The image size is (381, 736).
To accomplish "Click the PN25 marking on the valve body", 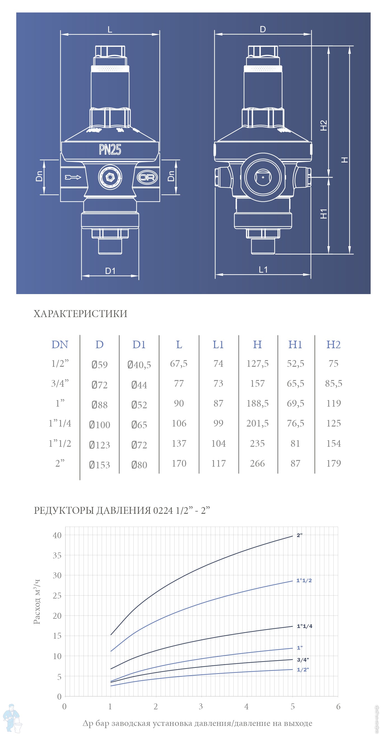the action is (x=110, y=149).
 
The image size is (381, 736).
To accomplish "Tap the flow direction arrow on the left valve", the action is (x=73, y=177).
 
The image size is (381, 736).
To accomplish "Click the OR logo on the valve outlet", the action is (x=147, y=177).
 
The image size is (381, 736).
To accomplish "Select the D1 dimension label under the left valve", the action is (x=110, y=270).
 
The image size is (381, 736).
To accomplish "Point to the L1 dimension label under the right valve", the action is (x=263, y=269).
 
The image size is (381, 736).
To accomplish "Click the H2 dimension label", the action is (x=323, y=125).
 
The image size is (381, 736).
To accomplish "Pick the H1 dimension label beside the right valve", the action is (x=323, y=214).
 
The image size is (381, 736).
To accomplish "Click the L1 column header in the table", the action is (x=218, y=345).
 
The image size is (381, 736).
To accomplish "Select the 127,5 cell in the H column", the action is (x=257, y=363).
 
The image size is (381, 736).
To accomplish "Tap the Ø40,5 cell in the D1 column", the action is (x=139, y=364).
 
